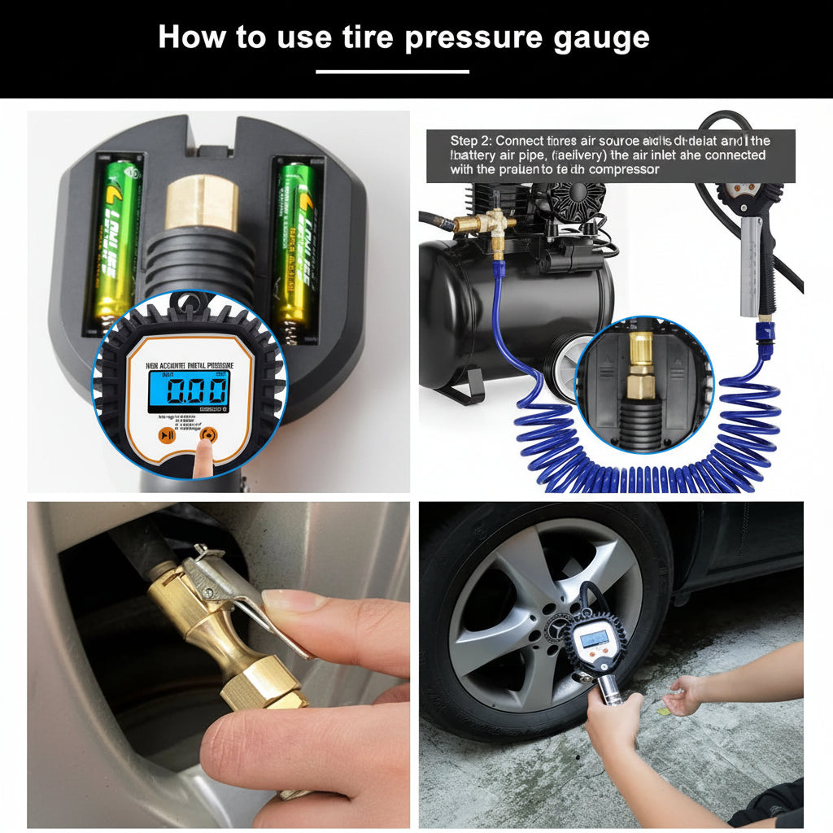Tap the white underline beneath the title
click(x=392, y=72)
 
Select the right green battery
click(x=295, y=244)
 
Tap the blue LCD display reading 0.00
click(x=188, y=392)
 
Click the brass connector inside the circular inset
click(x=640, y=366)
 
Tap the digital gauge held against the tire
click(x=591, y=643)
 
